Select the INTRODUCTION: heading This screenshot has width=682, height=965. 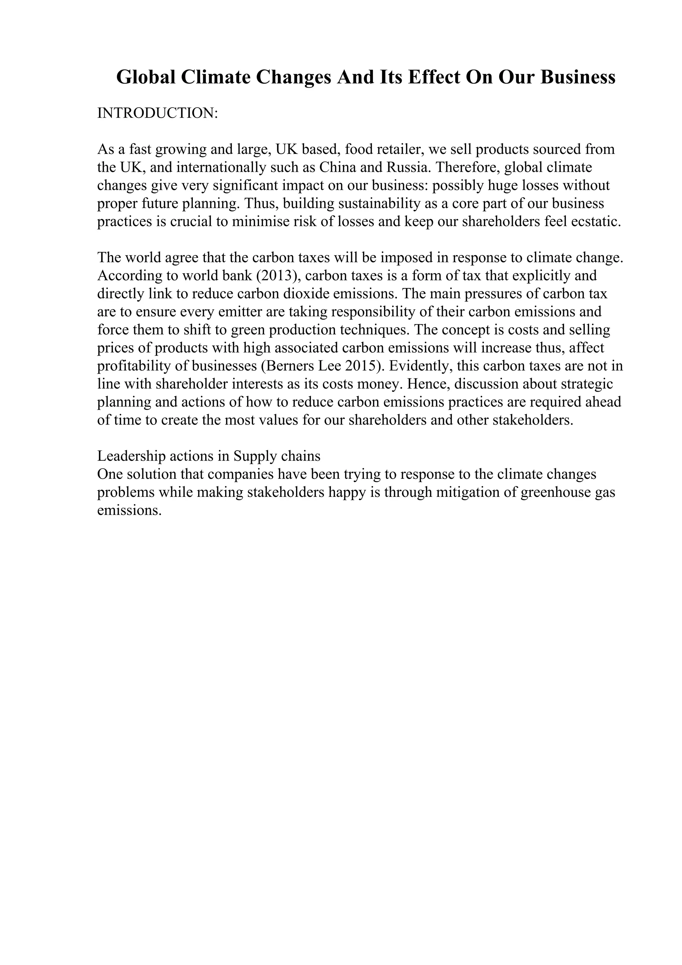pyautogui.click(x=158, y=113)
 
